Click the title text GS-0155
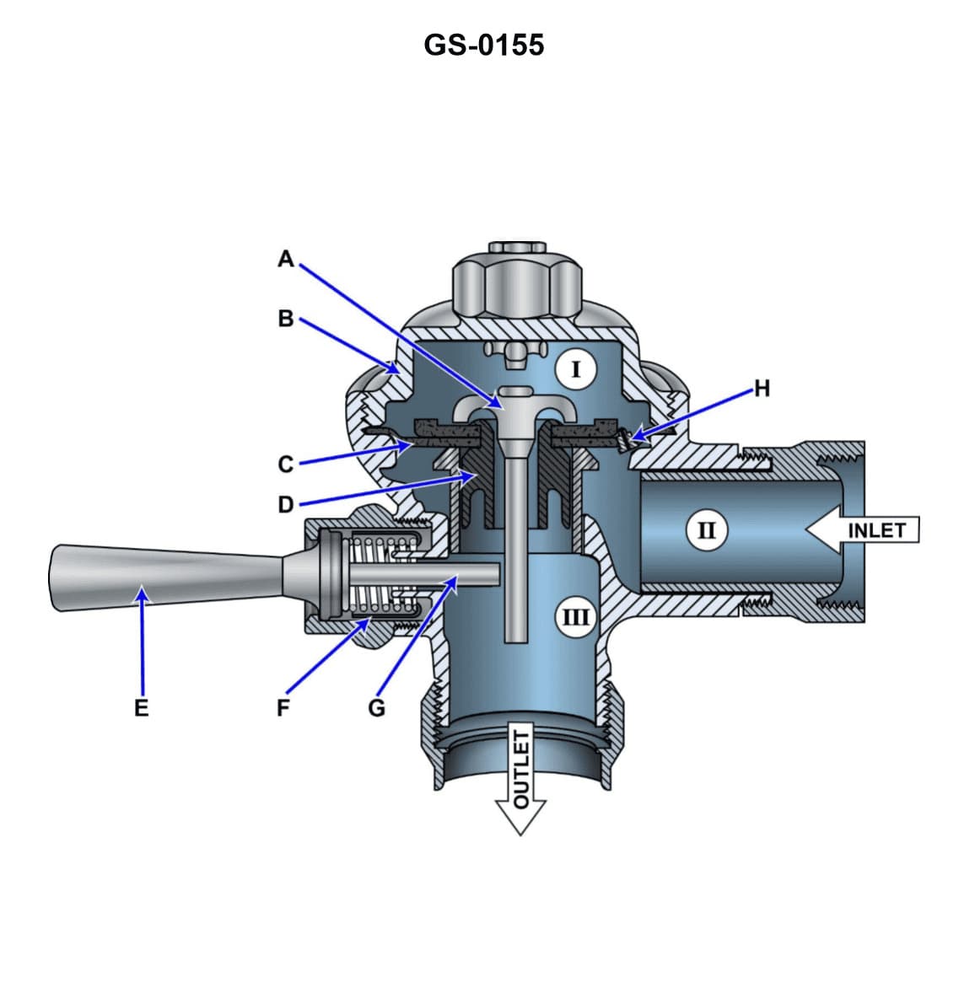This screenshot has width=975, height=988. coord(484,44)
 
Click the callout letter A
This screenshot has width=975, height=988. coord(286,259)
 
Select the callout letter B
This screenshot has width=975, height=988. coord(286,319)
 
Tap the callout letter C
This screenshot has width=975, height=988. coord(286,464)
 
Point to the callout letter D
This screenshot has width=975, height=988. coord(286,504)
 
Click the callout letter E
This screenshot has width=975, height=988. coord(141,706)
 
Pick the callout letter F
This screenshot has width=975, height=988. coord(283,706)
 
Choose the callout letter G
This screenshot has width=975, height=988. coord(376,706)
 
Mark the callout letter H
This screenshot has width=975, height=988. coord(762,388)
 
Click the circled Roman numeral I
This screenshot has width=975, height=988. coord(576,369)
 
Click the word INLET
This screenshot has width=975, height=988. coord(876,530)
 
